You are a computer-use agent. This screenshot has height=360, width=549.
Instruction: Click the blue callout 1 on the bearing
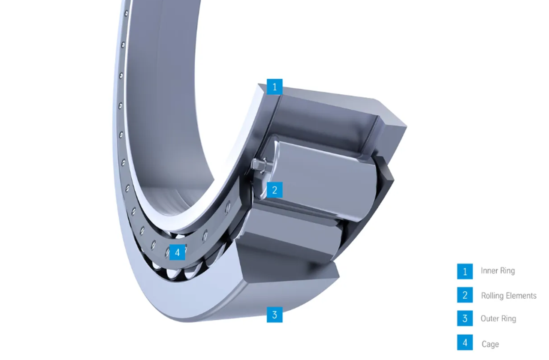point(274,87)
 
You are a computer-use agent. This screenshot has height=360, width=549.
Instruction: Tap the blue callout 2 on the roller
point(274,190)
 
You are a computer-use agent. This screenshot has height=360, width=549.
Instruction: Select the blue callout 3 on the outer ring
point(274,315)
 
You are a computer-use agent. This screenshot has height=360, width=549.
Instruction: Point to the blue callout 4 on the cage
point(178,252)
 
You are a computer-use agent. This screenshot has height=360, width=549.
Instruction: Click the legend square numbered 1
point(465,271)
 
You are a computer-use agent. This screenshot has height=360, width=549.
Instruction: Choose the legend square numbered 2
point(465,295)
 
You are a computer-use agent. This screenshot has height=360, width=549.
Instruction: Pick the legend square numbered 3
point(465,318)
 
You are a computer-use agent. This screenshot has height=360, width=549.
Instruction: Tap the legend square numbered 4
point(465,342)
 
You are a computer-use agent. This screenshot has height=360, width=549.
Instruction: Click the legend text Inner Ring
point(498,270)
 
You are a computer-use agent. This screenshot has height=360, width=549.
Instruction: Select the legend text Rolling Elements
point(509,296)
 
